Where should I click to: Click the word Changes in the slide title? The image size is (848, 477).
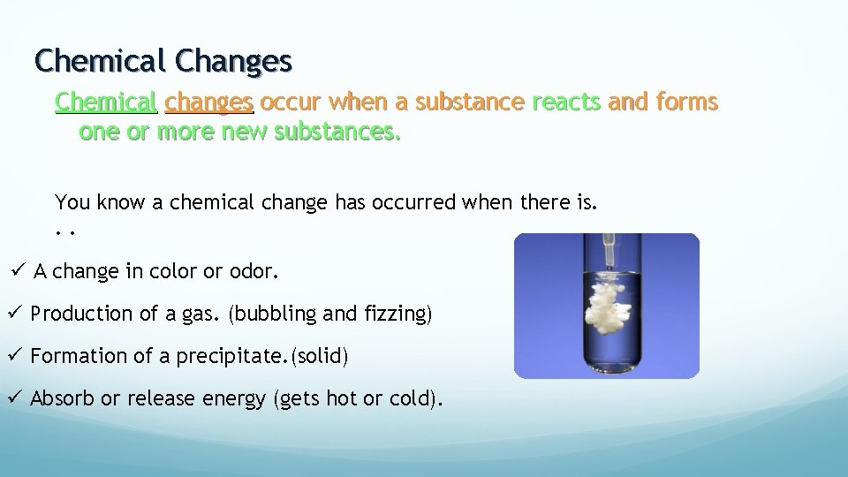233,61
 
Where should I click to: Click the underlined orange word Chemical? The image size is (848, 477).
106,102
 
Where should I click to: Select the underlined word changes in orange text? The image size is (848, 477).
209,102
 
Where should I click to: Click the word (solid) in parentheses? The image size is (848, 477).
320,356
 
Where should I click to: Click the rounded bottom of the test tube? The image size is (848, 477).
608,366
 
